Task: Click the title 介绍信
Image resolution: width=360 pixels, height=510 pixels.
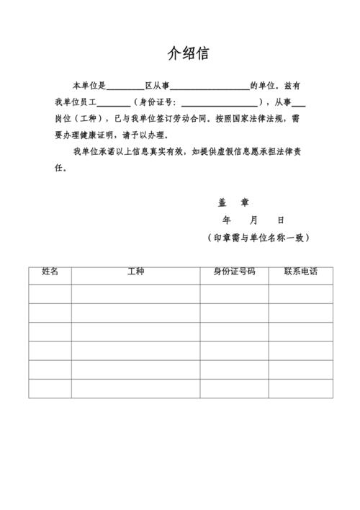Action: (188, 54)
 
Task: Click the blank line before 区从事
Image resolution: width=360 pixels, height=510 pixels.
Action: (125, 86)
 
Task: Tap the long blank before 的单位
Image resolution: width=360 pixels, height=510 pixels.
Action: (210, 86)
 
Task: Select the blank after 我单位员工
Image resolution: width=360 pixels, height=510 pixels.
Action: (113, 103)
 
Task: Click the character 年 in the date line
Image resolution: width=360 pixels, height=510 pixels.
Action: (227, 220)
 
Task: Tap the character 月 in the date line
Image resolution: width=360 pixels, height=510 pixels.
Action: (253, 220)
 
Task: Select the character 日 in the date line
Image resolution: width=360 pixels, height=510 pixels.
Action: (280, 220)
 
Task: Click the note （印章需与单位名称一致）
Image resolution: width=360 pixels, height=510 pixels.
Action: (258, 238)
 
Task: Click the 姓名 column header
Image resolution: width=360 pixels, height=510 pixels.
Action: (50, 272)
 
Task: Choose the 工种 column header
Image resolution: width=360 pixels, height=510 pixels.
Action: (135, 272)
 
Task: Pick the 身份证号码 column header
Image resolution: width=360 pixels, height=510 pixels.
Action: (234, 272)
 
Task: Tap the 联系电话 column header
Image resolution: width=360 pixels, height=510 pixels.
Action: (300, 272)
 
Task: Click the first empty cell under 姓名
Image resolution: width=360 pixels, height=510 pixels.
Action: (50, 294)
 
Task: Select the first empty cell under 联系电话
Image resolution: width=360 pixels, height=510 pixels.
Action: (301, 294)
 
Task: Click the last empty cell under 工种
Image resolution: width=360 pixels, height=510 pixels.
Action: (135, 388)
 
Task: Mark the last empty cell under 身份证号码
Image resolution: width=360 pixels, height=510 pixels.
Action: (234, 388)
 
